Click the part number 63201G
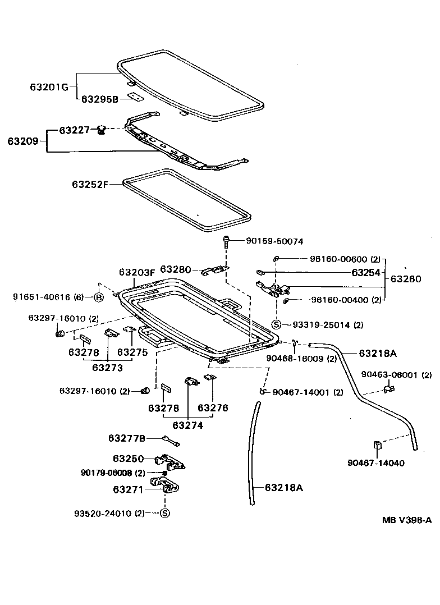pyautogui.click(x=49, y=87)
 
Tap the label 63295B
pyautogui.click(x=99, y=99)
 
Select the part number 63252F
pyautogui.click(x=90, y=184)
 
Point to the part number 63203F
pyautogui.click(x=136, y=272)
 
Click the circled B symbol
pyautogui.click(x=98, y=297)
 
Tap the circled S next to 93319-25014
pyautogui.click(x=276, y=324)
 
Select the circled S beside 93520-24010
pyautogui.click(x=165, y=513)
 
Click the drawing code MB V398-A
pyautogui.click(x=407, y=520)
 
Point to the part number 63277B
pyautogui.click(x=127, y=438)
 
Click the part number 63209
pyautogui.click(x=23, y=141)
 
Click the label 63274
pyautogui.click(x=188, y=425)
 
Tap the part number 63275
pyautogui.click(x=132, y=352)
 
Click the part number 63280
pyautogui.click(x=176, y=270)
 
